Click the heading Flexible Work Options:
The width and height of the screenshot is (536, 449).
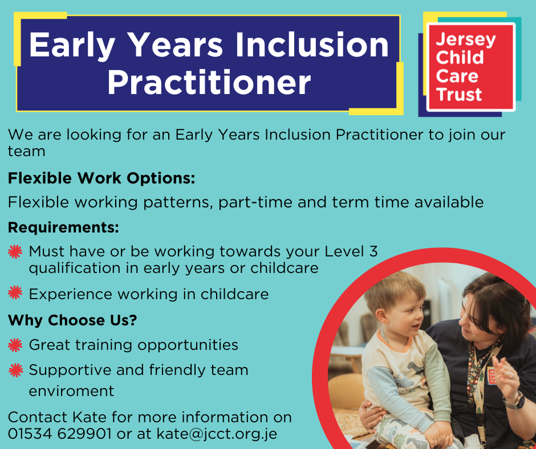click(101, 178)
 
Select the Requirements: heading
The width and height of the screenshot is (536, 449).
click(63, 227)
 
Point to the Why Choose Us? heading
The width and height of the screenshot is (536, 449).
click(72, 320)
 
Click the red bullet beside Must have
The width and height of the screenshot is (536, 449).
click(15, 252)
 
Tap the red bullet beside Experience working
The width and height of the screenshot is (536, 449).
click(15, 292)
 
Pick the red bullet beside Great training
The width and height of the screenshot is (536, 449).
click(15, 345)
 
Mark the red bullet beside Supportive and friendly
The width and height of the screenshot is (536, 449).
click(16, 370)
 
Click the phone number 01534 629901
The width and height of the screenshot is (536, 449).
click(59, 434)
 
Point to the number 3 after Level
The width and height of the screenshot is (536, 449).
click(373, 251)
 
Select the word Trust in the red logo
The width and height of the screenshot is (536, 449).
click(459, 95)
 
